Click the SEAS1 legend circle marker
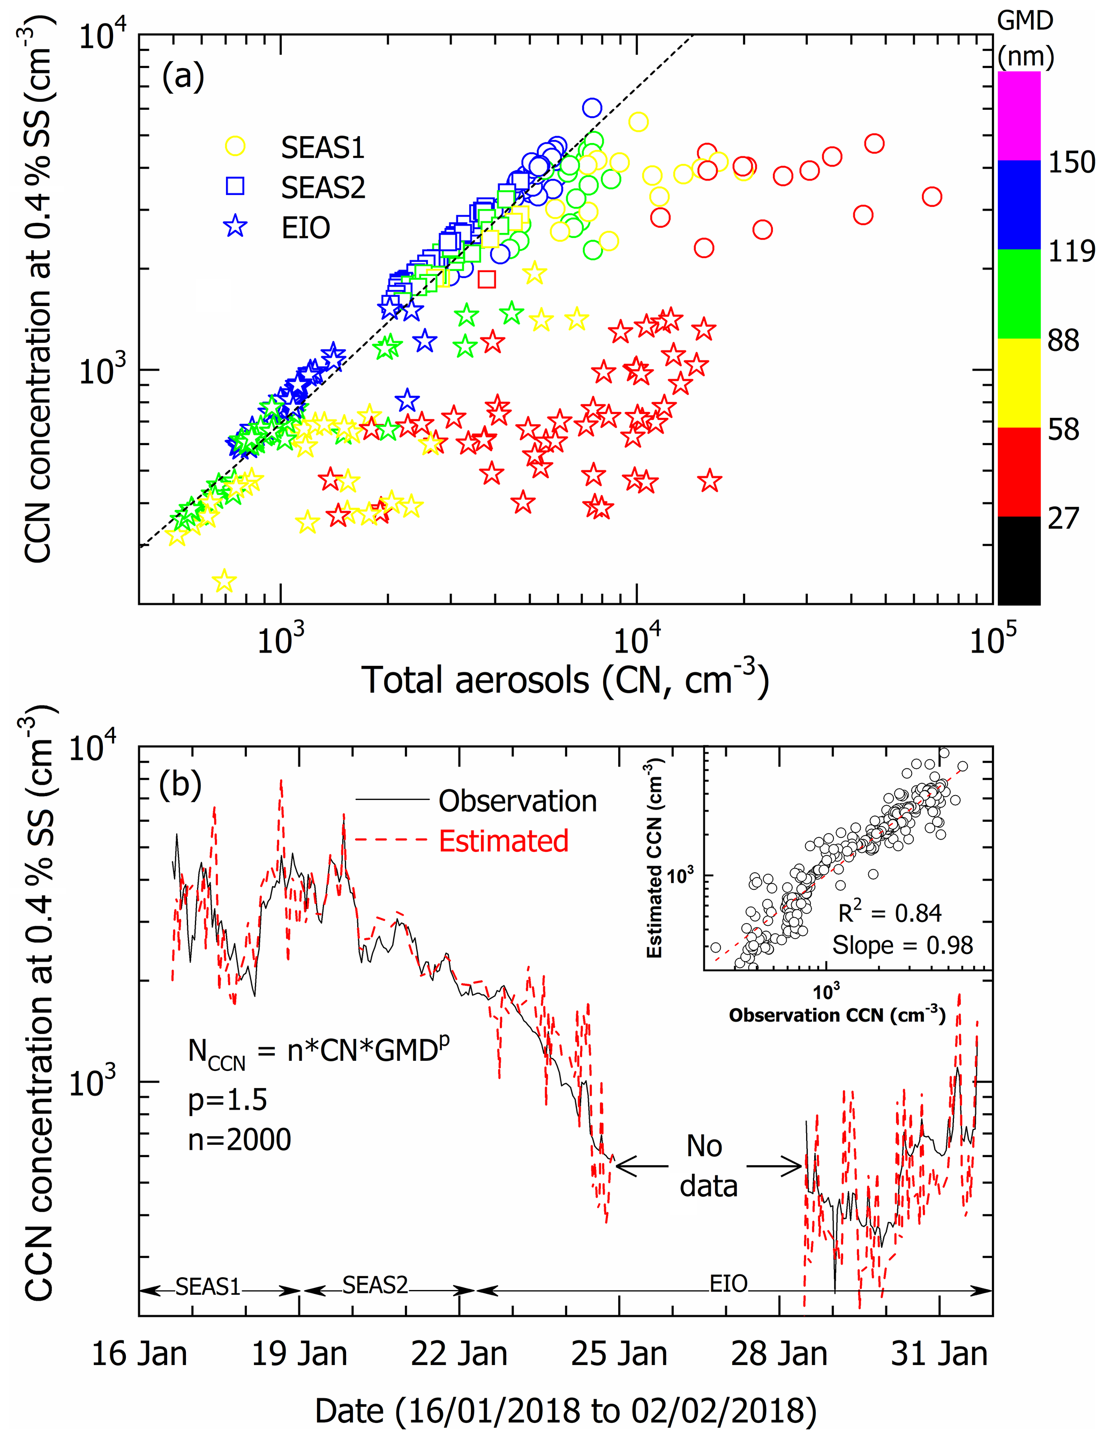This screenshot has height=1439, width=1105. pos(235,147)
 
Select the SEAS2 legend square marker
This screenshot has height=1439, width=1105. pos(235,187)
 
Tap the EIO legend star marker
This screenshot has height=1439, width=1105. pos(235,227)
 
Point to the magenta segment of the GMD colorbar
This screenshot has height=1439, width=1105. pos(1018,115)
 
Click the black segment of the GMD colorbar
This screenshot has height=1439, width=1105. pos(1018,560)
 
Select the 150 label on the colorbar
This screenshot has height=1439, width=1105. pos(1071,162)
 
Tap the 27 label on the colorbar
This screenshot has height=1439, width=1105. pos(1063,519)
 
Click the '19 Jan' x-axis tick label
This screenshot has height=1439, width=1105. pos(299,1354)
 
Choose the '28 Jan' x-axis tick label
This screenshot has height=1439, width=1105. pos(779,1354)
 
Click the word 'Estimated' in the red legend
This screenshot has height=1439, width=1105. pos(503,841)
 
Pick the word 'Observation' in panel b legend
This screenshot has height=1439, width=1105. pos(517,801)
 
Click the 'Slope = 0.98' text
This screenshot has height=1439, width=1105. pos(903,945)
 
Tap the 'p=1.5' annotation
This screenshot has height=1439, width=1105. pos(228,1099)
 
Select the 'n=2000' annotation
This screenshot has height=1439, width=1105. pos(239,1140)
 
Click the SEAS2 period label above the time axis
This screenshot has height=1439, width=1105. pos(375,1284)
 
